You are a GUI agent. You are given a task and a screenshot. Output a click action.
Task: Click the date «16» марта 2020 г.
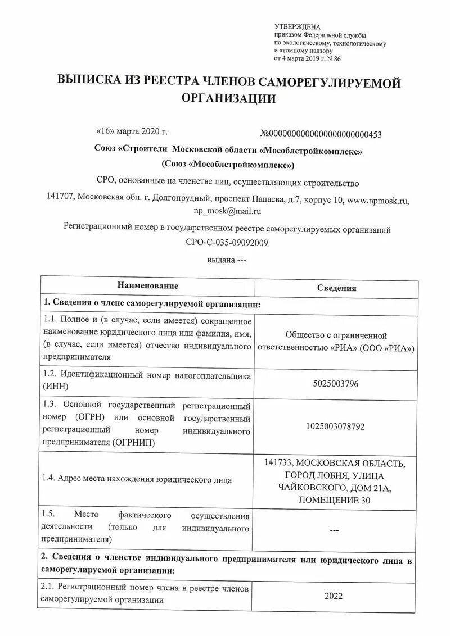[x=133, y=131]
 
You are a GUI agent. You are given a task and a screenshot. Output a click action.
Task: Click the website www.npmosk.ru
[x=378, y=199]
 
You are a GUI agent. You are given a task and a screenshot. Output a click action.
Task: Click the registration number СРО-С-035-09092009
[x=227, y=243]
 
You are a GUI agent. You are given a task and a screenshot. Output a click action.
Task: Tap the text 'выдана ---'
[x=223, y=260]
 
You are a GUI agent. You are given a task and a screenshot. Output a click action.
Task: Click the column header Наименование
[x=148, y=286]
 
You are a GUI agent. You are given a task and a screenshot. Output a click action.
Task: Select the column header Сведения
[x=336, y=288]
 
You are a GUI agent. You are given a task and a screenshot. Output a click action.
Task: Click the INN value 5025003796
[x=336, y=384]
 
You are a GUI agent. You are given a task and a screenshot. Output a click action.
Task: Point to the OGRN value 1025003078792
[x=336, y=426]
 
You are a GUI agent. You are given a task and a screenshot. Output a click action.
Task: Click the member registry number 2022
[x=334, y=596]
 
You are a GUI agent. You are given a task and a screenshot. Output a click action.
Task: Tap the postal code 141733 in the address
[x=278, y=463]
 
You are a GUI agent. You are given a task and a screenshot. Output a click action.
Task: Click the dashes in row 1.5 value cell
[x=334, y=530]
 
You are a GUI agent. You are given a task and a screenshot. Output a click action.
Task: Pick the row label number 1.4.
[x=48, y=479]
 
